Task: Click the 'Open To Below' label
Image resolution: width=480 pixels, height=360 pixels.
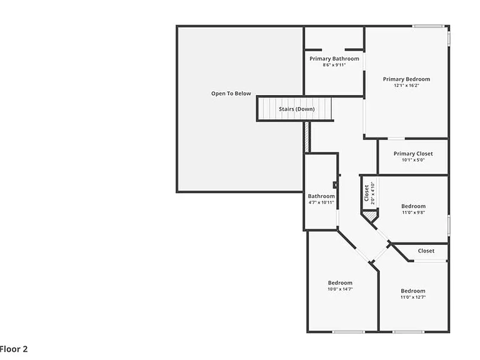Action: [231, 93]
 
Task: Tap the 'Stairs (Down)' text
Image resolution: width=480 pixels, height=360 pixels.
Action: [297, 109]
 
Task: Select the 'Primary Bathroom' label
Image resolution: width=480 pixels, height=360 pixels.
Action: [334, 59]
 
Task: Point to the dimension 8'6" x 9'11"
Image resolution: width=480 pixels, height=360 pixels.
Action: [334, 65]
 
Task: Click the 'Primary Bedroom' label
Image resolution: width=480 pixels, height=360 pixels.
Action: [406, 79]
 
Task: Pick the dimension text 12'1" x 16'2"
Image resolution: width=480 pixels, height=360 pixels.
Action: [406, 86]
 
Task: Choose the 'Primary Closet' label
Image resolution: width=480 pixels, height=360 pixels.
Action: [413, 153]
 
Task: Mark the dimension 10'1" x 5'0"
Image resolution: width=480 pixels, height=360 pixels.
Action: [413, 160]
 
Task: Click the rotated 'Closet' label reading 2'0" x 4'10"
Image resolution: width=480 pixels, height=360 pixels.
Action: [366, 193]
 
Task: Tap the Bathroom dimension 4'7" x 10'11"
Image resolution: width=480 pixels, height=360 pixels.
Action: [321, 202]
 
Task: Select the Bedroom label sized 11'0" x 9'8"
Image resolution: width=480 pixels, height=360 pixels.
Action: [413, 206]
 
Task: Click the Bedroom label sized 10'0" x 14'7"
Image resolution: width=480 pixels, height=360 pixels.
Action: [340, 282]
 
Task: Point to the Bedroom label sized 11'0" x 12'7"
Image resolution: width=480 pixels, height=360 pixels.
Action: [413, 291]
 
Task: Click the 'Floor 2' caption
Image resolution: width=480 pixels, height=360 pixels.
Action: [14, 349]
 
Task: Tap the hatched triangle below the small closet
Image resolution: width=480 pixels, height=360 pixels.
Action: [371, 215]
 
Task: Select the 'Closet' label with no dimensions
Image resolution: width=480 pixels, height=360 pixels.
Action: [426, 251]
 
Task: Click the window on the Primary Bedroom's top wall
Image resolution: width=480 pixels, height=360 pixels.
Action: [428, 26]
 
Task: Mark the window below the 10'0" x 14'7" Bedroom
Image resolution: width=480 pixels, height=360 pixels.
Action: [348, 331]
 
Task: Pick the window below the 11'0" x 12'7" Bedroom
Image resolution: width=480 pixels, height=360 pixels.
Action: [408, 331]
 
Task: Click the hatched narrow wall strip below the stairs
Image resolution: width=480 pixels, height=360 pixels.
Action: [307, 137]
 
